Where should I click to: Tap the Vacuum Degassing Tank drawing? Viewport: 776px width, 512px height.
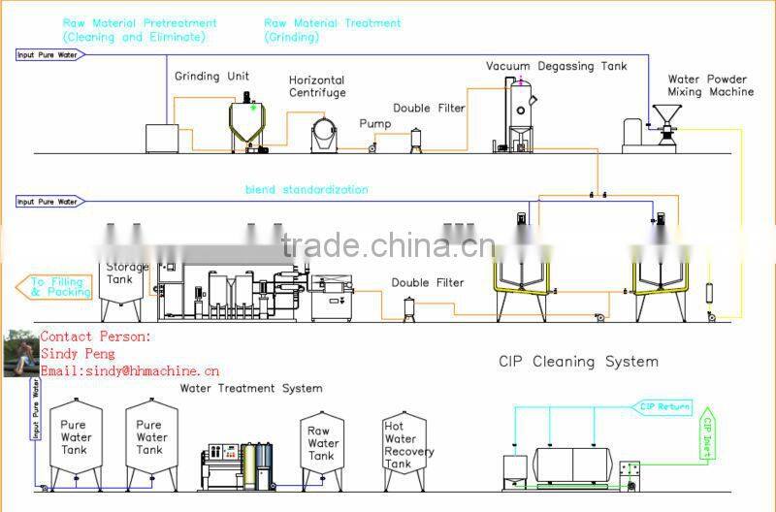[522, 113]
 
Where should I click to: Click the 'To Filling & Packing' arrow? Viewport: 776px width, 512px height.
[54, 285]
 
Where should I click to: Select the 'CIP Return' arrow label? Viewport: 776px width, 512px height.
[663, 406]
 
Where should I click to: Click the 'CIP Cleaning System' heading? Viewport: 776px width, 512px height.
[578, 362]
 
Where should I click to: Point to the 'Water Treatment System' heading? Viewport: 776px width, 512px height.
[250, 389]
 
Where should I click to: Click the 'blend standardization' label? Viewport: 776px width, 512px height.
[306, 190]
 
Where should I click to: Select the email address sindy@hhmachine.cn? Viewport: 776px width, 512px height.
[130, 370]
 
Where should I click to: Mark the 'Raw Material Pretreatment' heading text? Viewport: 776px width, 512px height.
[140, 22]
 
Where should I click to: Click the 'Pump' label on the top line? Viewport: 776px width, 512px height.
[375, 124]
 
